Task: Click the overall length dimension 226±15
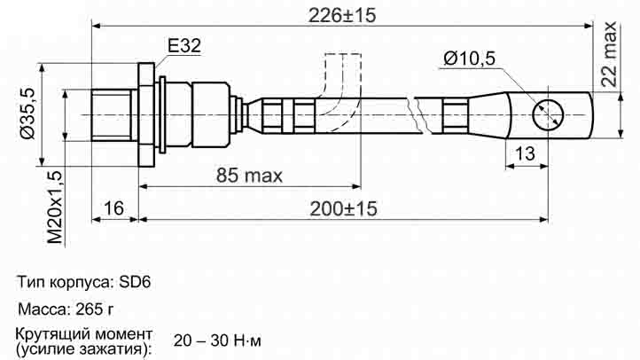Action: pos(341,15)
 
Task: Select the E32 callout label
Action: pos(184,46)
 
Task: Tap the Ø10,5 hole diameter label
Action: pos(469,59)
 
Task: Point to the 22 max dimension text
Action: pos(609,54)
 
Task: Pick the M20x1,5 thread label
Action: pos(55,207)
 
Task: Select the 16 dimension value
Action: pos(113,208)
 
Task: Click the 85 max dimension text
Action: pos(249,176)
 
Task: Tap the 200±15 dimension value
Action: pos(343,209)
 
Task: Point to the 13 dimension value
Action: pos(525,154)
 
